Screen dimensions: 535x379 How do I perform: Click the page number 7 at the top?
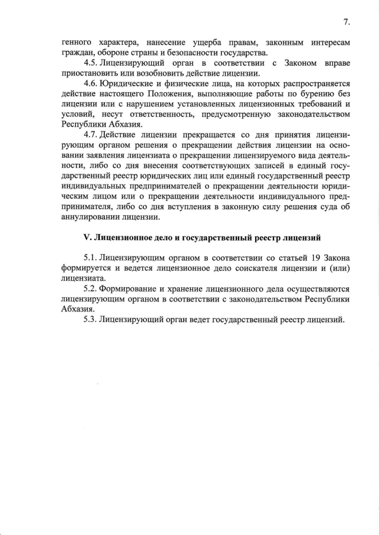tap(346, 22)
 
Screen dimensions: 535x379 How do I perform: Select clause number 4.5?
tap(91, 63)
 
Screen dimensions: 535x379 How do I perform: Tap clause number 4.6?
tap(91, 83)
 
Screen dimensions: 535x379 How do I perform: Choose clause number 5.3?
tap(91, 319)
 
